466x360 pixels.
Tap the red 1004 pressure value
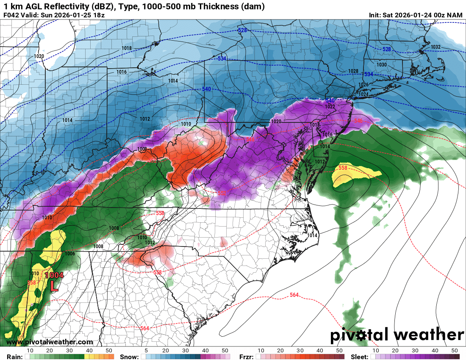point(54,275)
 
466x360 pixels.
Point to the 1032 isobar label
point(435,47)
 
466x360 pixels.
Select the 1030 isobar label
point(382,64)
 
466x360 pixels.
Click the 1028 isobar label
point(353,71)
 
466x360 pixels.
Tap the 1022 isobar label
point(330,106)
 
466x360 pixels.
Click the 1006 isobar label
point(70,253)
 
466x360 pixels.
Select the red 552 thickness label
point(222,193)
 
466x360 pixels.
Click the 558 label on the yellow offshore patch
point(343,168)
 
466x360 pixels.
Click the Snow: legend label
point(129,357)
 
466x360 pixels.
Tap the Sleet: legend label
point(360,357)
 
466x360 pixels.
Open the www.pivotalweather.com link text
point(49,342)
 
